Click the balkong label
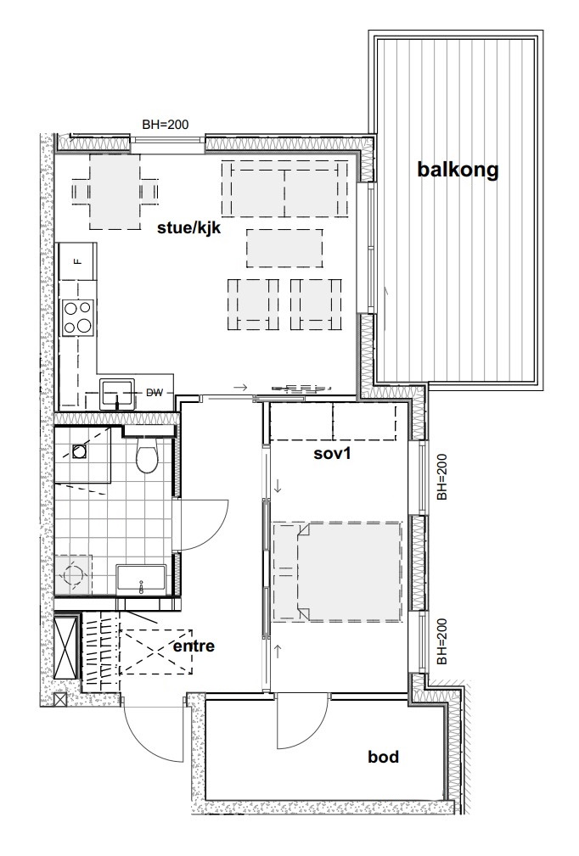pos(458,170)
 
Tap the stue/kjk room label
pos(189,227)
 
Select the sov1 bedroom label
pos(332,452)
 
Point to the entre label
pos(194,646)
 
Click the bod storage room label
pos(383,757)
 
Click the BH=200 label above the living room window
pos(166,125)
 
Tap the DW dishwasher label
pos(155,392)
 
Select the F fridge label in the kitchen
pos(77,261)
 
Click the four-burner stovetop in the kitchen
pos(77,317)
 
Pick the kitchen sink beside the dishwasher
pos(117,394)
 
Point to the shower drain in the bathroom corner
pos(80,451)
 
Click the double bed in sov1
pos(337,572)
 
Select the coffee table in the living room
pos(284,248)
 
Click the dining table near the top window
pos(115,192)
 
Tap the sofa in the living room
pos(284,187)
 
